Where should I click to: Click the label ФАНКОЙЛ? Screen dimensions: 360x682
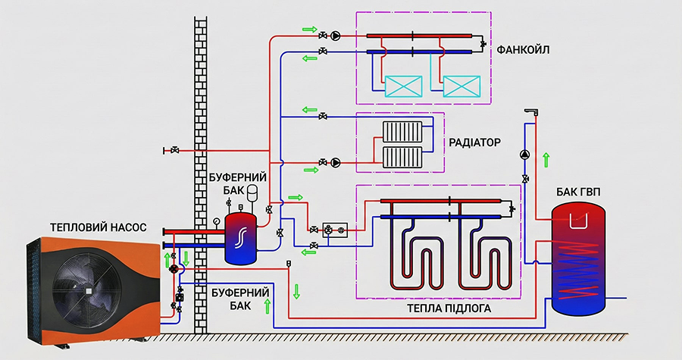(523, 50)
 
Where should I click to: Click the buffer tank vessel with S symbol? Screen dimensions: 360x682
(242, 237)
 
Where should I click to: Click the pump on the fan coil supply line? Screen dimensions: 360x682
(336, 35)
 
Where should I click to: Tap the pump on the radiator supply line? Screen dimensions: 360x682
(336, 161)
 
